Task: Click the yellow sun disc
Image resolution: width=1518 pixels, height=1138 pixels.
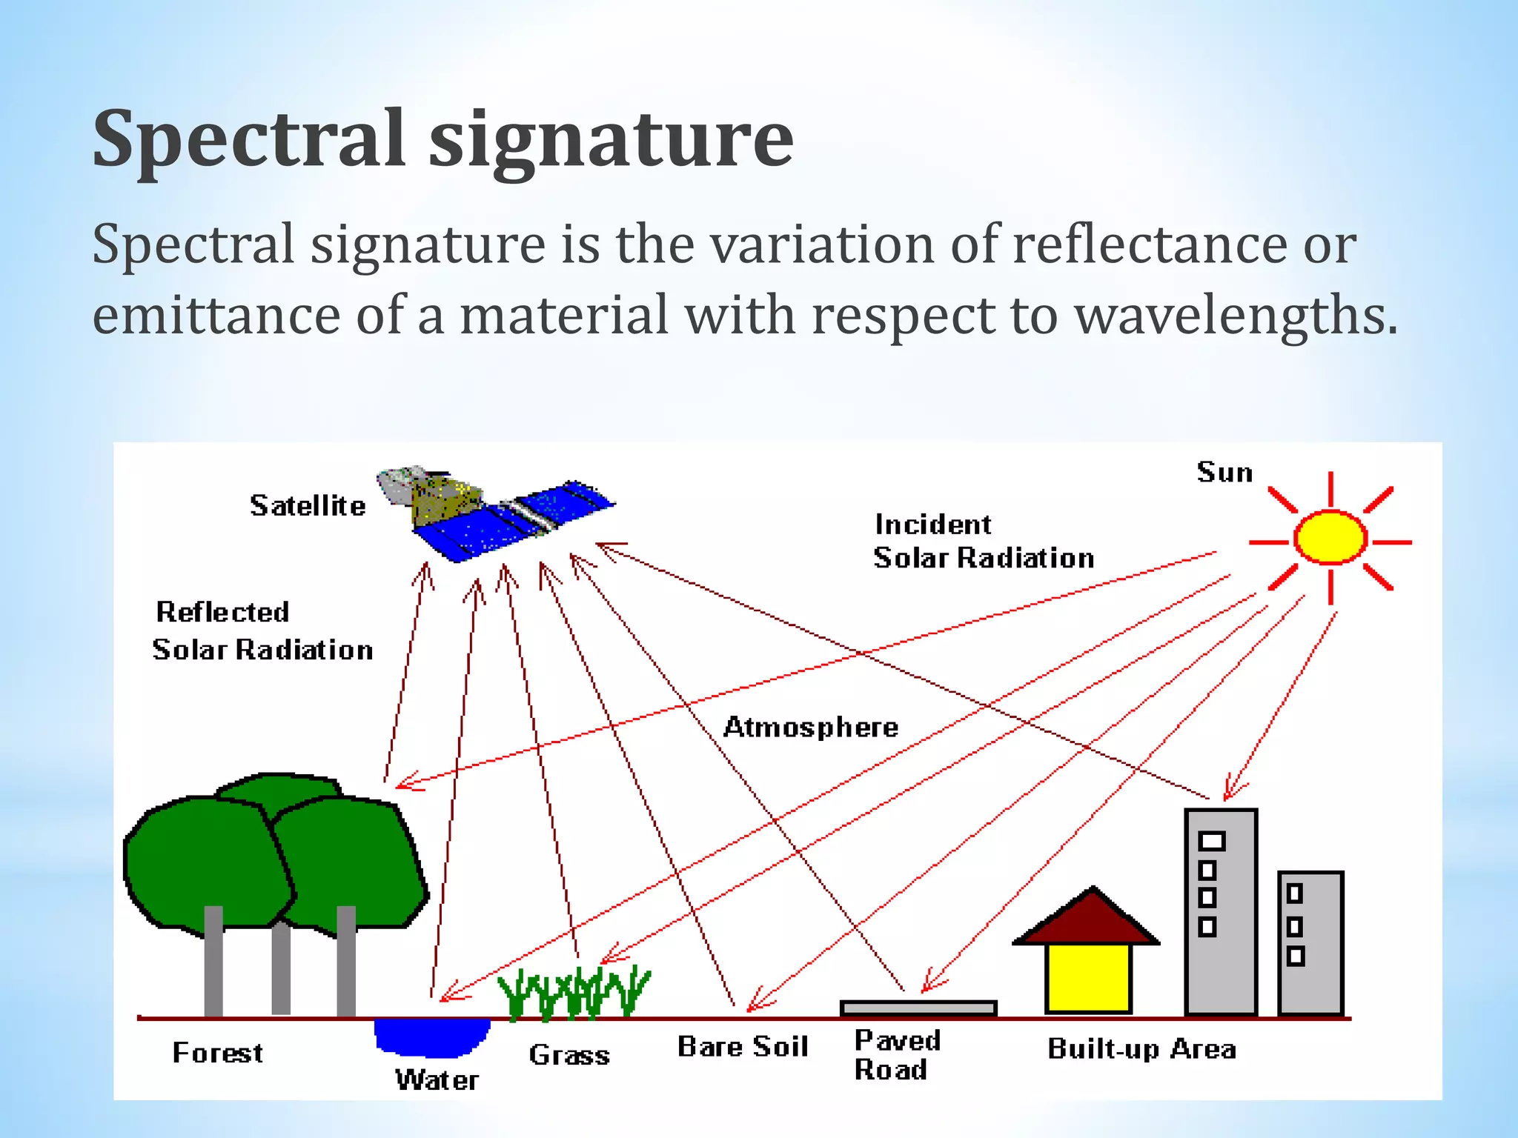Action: [1330, 536]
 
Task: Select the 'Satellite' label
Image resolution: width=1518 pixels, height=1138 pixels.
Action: [308, 506]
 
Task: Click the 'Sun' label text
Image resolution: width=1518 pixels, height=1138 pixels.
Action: [1224, 473]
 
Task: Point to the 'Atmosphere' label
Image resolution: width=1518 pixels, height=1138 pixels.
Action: [811, 727]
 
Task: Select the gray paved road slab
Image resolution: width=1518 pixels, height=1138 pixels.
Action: [918, 1008]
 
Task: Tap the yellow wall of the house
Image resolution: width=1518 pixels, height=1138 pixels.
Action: [1087, 977]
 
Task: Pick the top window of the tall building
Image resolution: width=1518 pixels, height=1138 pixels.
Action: [1212, 842]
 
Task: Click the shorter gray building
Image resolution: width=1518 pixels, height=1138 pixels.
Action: [1310, 942]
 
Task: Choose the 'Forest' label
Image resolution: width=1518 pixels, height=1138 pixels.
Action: [217, 1053]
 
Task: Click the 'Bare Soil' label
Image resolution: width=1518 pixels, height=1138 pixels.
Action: [743, 1047]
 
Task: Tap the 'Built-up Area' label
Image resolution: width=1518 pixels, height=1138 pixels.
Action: [1141, 1049]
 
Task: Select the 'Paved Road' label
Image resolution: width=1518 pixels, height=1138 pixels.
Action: [897, 1055]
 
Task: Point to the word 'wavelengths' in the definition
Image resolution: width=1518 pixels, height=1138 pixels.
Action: [1235, 315]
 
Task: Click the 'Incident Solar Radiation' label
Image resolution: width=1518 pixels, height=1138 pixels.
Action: [983, 542]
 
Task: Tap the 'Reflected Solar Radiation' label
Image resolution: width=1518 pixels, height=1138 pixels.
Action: [262, 631]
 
